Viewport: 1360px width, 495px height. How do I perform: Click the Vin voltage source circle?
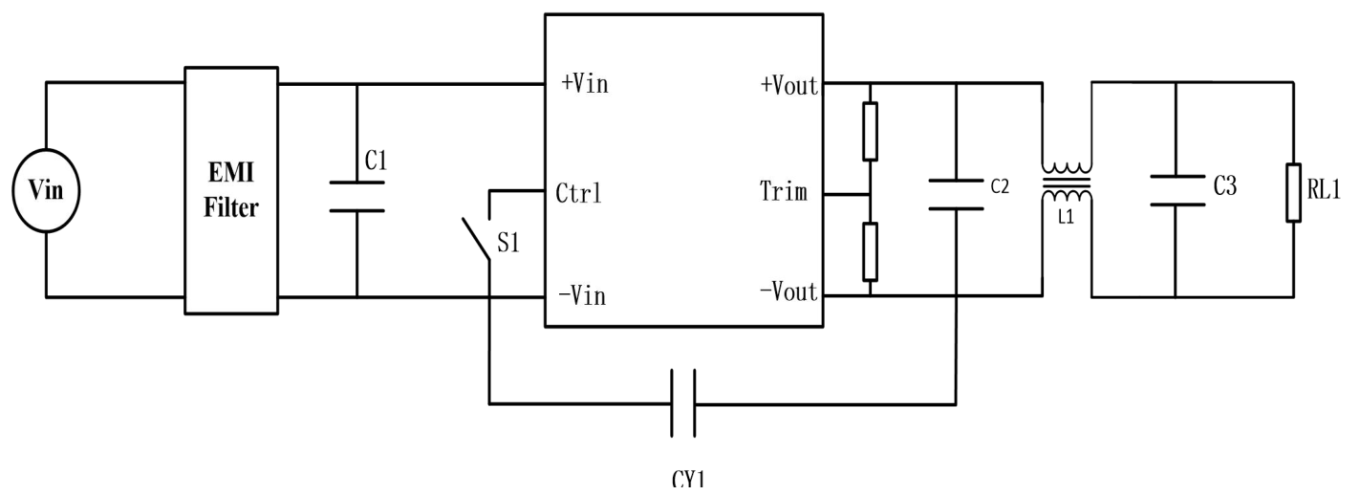coord(46,190)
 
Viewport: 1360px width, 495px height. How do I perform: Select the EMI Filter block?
coord(231,190)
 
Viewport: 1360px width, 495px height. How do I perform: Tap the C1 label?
coord(376,161)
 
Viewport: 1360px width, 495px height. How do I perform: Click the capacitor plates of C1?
coord(357,196)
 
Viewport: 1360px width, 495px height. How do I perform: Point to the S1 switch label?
coord(508,243)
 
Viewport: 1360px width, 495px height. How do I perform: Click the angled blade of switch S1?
coord(476,239)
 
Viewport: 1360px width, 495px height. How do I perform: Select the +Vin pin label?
coord(585,83)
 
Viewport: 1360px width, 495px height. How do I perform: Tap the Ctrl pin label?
coord(578,193)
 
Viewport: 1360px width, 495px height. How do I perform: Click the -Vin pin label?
coord(582,296)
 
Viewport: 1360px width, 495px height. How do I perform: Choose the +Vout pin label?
coord(789,86)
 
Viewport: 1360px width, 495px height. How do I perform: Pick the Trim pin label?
coord(783,191)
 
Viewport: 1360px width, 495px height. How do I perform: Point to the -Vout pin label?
coord(788,292)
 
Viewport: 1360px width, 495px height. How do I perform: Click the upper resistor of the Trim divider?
coord(870,132)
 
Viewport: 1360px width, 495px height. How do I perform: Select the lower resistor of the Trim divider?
coord(870,251)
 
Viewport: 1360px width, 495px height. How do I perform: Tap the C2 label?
coord(1000,186)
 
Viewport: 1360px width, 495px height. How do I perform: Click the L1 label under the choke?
coord(1067,217)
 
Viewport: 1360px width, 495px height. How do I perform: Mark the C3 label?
coord(1224,185)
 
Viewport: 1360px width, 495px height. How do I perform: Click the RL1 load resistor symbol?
coord(1293,192)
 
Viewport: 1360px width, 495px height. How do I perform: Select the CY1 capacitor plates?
coord(683,402)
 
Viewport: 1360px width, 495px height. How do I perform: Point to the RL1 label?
coord(1324,190)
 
